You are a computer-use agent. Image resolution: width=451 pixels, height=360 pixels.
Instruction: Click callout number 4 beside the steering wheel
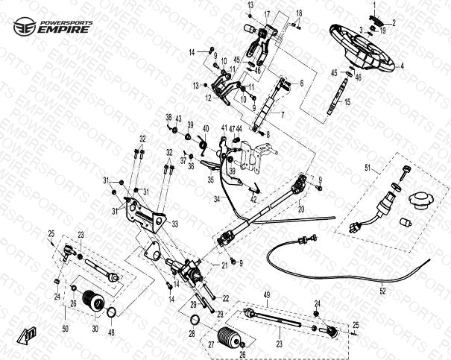[x=402, y=66]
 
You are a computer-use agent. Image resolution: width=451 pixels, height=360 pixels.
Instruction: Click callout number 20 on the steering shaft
[x=301, y=209]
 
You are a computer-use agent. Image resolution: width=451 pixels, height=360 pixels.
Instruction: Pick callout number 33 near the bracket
[x=174, y=222]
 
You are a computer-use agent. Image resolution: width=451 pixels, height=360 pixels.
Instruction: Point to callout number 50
[x=64, y=329]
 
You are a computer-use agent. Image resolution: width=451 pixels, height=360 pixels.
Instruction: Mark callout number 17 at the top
[x=267, y=15]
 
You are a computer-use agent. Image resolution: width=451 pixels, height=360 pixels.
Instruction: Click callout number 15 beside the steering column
[x=346, y=101]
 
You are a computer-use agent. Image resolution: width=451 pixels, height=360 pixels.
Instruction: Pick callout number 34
[x=217, y=199]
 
